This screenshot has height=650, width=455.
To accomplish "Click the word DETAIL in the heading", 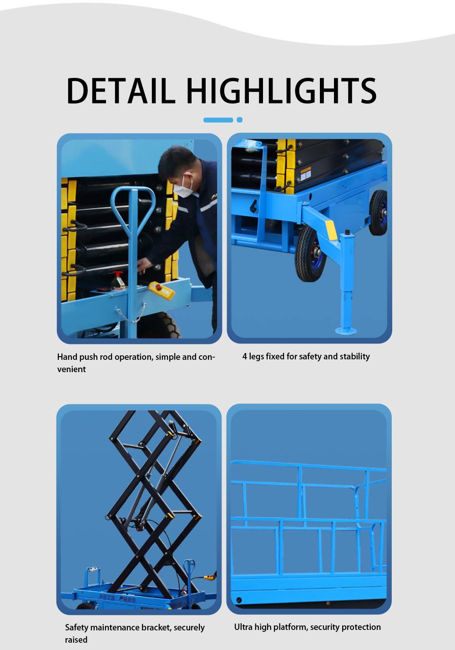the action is [121, 91].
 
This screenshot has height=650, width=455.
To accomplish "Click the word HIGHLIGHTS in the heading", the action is [281, 91].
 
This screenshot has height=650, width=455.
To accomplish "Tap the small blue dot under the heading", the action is [239, 120].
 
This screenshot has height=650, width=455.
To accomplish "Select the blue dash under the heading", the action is [218, 120].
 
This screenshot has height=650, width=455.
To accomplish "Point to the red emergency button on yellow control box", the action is [158, 287].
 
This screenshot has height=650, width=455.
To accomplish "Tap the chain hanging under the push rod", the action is [131, 313].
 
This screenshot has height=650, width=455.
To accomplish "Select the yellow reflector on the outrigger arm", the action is [331, 230].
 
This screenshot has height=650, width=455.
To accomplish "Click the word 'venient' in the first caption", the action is [71, 369].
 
